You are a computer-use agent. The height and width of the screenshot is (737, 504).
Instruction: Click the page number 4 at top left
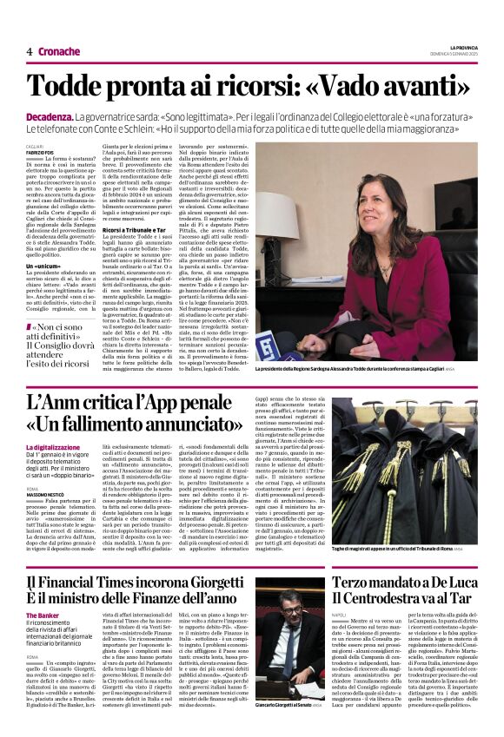pyautogui.click(x=29, y=51)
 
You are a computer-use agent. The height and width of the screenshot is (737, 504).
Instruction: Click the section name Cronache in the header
pyautogui.click(x=58, y=51)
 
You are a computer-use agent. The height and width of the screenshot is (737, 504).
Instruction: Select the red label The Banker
pyautogui.click(x=43, y=615)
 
